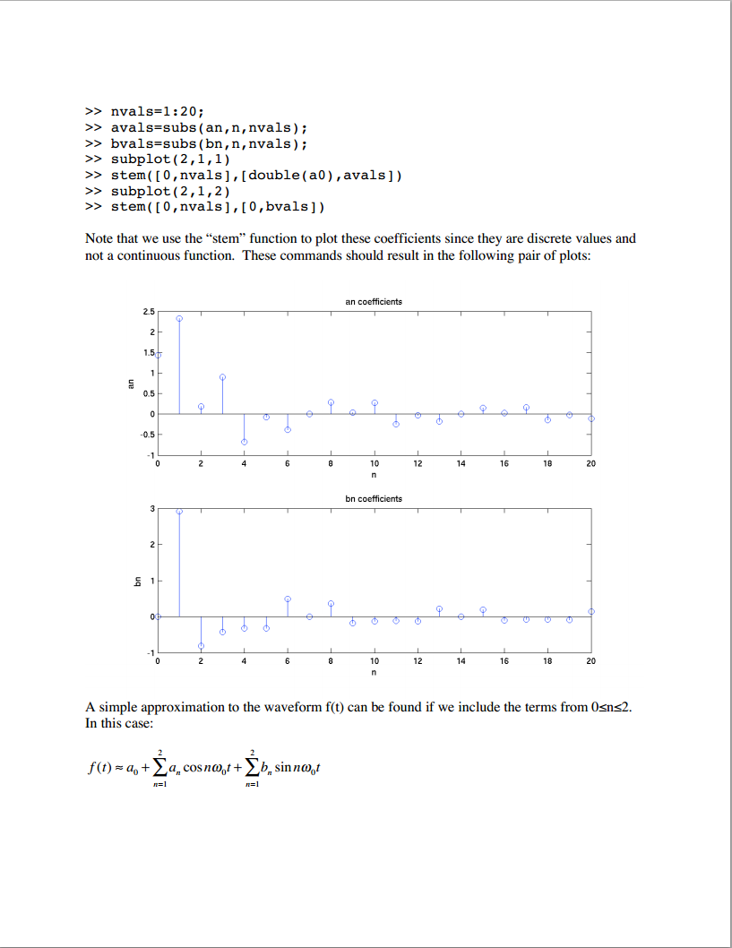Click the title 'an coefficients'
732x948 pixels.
(374, 302)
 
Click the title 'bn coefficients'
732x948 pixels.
(374, 498)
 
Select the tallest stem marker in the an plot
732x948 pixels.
(179, 318)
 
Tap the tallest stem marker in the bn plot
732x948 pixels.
(179, 511)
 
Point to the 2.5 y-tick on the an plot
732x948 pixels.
(148, 311)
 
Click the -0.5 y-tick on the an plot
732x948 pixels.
(147, 434)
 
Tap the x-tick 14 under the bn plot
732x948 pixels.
(461, 660)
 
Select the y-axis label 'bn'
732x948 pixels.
(137, 581)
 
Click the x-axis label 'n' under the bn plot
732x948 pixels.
(374, 672)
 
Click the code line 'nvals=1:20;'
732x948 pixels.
(158, 112)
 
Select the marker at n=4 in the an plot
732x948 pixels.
(244, 442)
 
